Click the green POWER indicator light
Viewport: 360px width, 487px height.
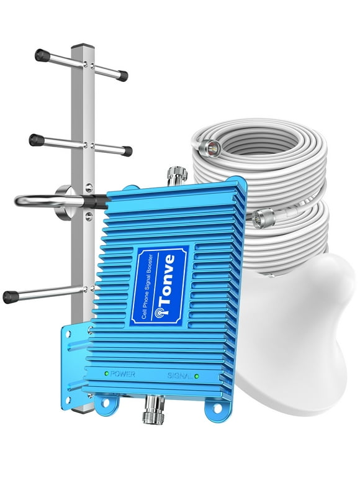click(x=107, y=373)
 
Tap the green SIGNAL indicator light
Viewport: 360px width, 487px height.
click(x=197, y=376)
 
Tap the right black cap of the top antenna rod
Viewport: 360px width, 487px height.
click(x=122, y=76)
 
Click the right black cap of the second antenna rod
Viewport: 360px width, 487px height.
click(x=126, y=151)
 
